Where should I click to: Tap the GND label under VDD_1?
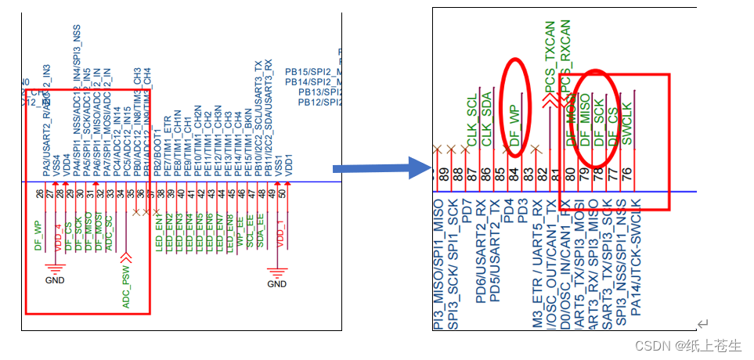pos(277,283)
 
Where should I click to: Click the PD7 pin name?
pos(467,210)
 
